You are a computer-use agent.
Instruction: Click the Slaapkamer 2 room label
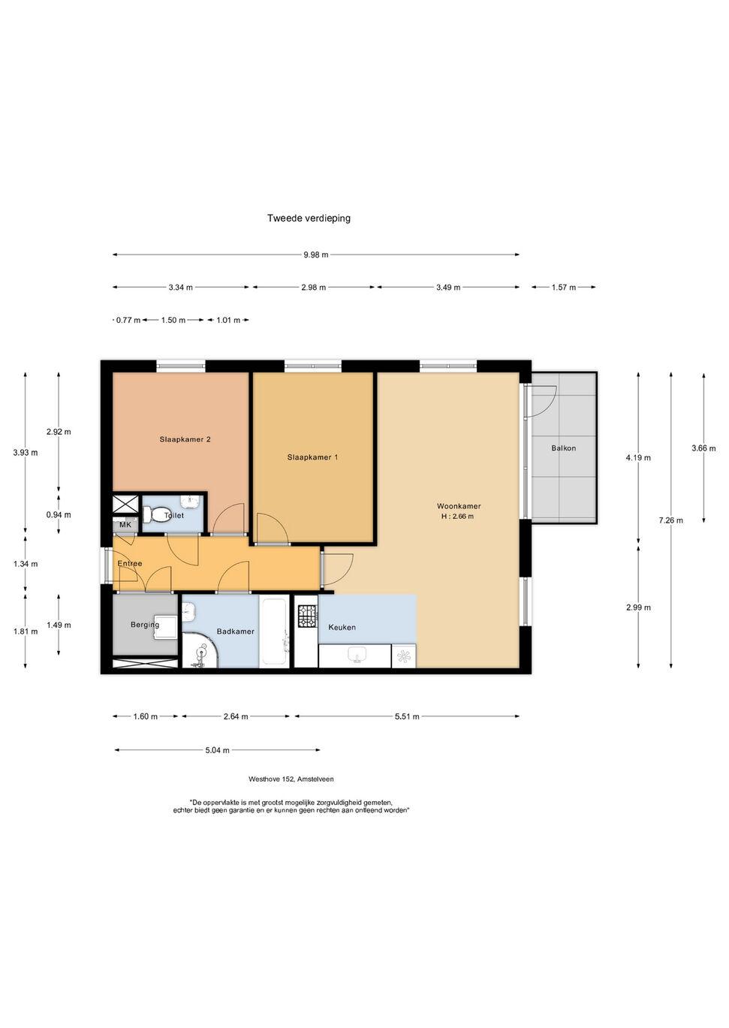click(185, 439)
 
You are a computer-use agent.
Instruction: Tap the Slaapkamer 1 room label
click(312, 457)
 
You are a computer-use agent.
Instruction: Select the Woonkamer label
click(459, 506)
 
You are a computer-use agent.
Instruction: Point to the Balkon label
click(563, 448)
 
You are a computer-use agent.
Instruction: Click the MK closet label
click(125, 525)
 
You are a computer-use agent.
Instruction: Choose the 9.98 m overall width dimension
click(316, 255)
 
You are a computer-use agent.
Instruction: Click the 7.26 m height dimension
click(671, 520)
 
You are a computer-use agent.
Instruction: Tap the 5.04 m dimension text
click(218, 750)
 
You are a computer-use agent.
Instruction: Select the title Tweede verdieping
click(309, 218)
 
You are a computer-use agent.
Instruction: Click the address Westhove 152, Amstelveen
click(291, 779)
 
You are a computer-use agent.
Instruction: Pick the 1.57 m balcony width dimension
click(564, 288)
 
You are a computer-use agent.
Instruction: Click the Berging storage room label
click(145, 625)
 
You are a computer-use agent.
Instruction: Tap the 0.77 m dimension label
click(128, 321)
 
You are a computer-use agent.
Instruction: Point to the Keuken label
click(342, 627)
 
